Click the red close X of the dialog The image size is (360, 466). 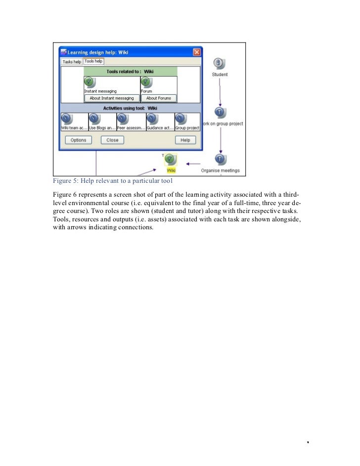click(196, 52)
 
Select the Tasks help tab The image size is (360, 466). click(72, 62)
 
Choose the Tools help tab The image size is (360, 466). click(93, 61)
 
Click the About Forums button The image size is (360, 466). click(158, 98)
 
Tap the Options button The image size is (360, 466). click(78, 140)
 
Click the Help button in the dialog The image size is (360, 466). click(185, 140)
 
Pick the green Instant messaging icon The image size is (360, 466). click(89, 82)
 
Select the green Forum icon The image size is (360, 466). click(146, 82)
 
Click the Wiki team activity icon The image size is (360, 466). click(66, 119)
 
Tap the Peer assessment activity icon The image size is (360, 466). click(123, 119)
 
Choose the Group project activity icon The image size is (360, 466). click(180, 119)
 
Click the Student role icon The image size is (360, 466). click(220, 63)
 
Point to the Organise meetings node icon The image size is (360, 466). click(220, 159)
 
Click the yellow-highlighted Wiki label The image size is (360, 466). click(171, 170)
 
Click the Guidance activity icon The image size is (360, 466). click(152, 119)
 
